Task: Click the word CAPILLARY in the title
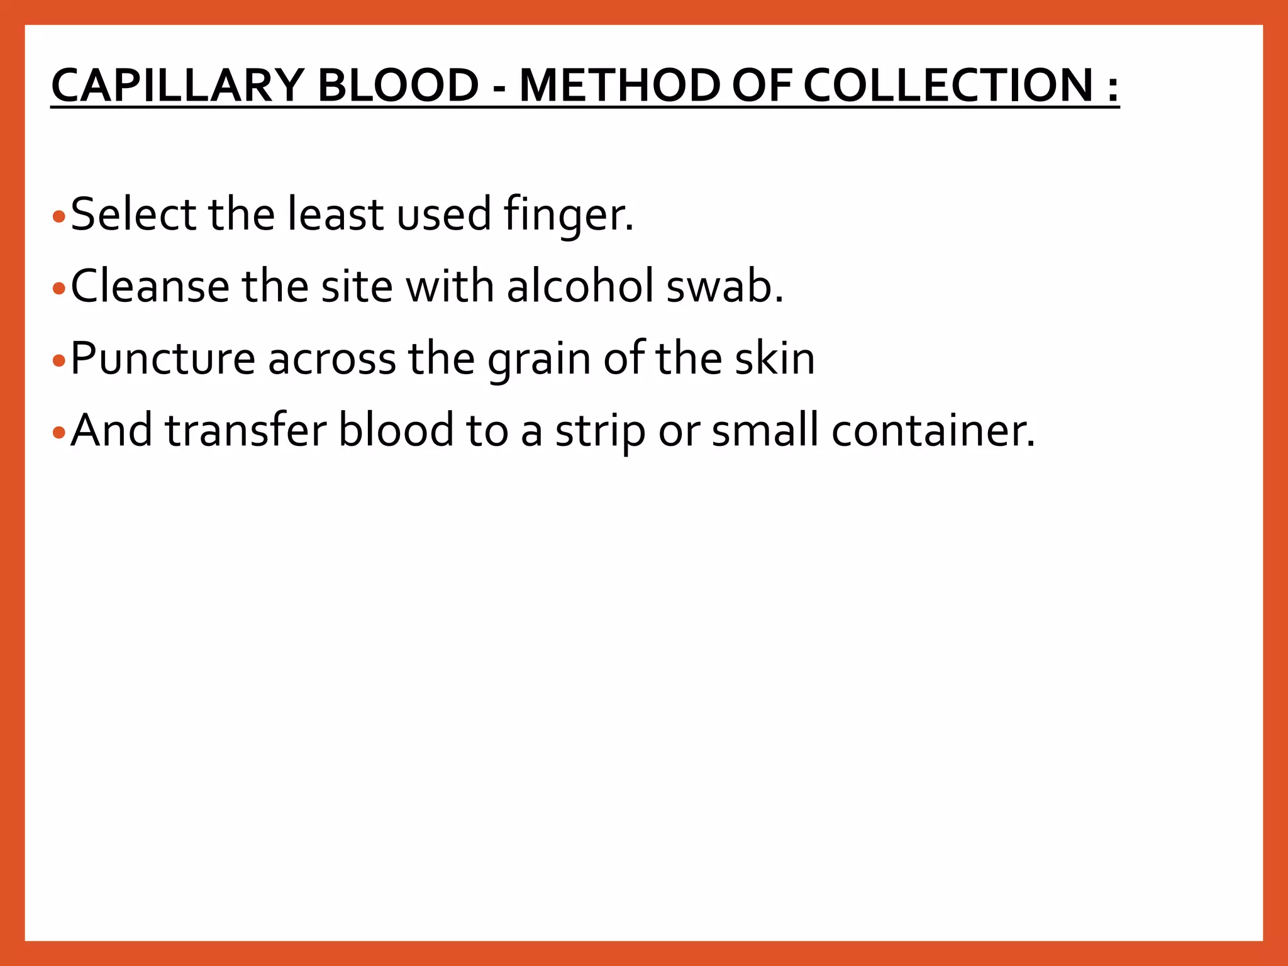[177, 86]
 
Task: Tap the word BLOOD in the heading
[398, 86]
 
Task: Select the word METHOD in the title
[619, 86]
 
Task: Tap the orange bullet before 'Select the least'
[59, 218]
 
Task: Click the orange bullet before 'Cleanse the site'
[59, 289]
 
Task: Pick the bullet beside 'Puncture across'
[59, 361]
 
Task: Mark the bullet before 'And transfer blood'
[59, 433]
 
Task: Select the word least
[335, 214]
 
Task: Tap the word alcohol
[580, 286]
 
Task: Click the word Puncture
[163, 358]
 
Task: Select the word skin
[775, 358]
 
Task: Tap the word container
[933, 430]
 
